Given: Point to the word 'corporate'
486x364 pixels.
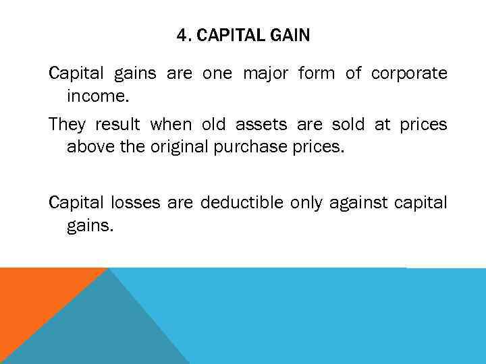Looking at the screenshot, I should [409, 73].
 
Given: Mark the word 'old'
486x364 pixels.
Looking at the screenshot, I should [215, 125].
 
